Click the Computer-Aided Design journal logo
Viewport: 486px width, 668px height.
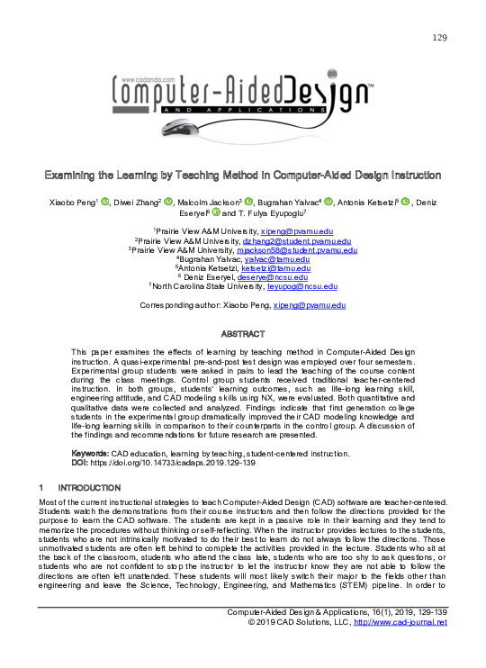click(243, 94)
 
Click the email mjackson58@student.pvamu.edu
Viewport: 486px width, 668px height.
click(307, 250)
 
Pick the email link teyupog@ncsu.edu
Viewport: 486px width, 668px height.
click(309, 286)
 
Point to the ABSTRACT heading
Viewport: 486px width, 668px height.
click(242, 333)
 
